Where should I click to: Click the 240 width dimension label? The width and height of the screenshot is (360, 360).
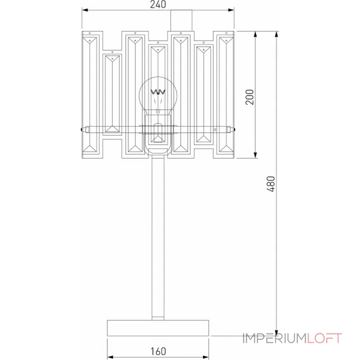point(158,5)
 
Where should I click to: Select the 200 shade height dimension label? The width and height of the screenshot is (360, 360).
point(250,97)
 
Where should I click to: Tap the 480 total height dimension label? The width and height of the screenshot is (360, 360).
point(270,184)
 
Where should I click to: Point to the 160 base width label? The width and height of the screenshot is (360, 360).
point(158,351)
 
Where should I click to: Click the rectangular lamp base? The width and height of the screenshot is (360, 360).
point(158,327)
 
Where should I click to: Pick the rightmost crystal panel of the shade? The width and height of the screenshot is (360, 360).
point(225,94)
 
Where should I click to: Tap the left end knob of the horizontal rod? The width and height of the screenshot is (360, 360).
point(81,130)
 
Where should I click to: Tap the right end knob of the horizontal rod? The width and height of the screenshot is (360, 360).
point(234,130)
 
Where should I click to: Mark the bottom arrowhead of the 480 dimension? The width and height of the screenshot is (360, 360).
point(276,332)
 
